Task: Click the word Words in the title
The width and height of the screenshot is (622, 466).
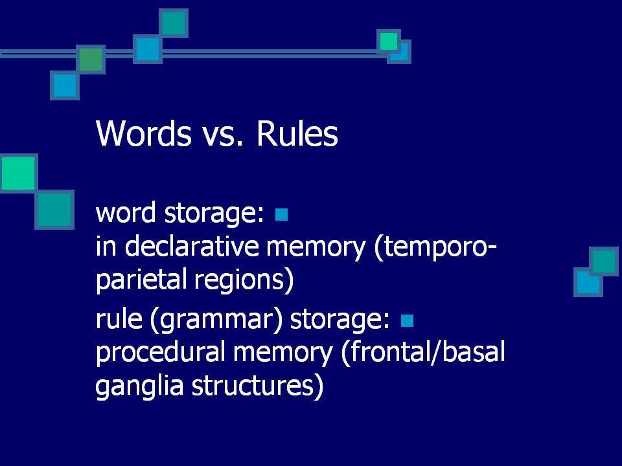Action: coord(144,133)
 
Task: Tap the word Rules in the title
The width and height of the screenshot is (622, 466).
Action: coord(297,133)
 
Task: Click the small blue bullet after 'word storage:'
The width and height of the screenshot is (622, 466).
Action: coord(281,214)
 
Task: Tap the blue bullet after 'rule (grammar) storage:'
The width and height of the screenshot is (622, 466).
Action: coord(407,320)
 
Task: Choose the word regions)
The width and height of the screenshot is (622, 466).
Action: coord(244,280)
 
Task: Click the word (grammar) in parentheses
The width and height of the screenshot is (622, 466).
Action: coord(216,319)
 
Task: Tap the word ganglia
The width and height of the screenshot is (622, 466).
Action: coord(139,386)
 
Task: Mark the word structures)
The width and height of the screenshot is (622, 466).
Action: coord(257,386)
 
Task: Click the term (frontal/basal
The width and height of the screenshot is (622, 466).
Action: coord(423,352)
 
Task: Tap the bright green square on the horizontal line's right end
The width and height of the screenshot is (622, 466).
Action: coord(389,41)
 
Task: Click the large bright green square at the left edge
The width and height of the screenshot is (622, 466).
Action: coord(19,173)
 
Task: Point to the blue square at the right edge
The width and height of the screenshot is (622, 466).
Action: coord(588,282)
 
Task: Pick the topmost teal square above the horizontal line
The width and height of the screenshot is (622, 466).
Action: coord(174,23)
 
